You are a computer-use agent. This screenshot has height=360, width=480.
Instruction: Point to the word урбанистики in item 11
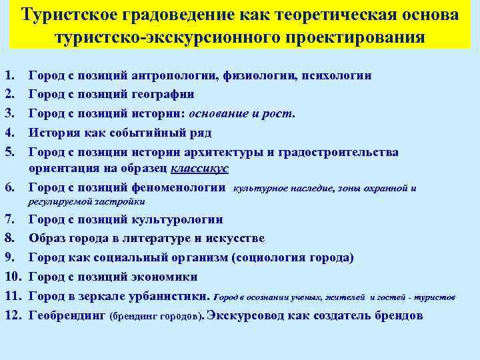[x=169, y=295]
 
